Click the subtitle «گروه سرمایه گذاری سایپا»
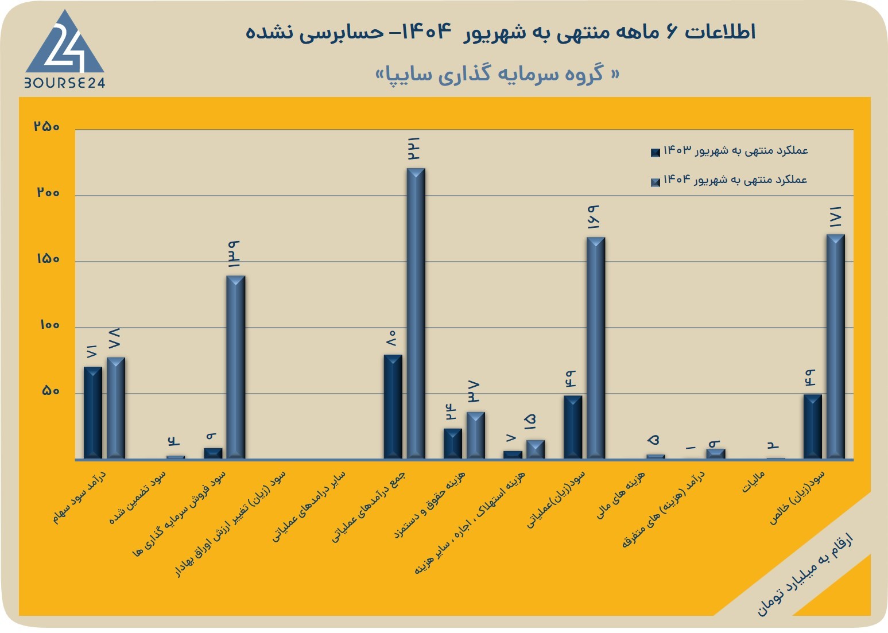coord(497,74)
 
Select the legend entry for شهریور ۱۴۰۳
coord(729,151)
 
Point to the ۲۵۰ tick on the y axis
coord(46,126)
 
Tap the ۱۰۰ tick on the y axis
coord(49,325)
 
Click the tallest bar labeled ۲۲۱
coord(416,313)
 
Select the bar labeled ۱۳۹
coord(235,367)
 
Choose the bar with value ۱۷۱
coord(836,347)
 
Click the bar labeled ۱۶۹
coord(596,348)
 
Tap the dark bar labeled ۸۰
coord(393,407)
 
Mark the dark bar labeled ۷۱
coord(93,413)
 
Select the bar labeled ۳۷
coord(476,436)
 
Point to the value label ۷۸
coord(115,338)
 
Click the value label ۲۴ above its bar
coord(452,412)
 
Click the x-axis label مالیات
coord(753,481)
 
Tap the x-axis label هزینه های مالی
coord(621,495)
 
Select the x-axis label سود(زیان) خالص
coord(797,498)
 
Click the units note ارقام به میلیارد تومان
coord(805,578)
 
